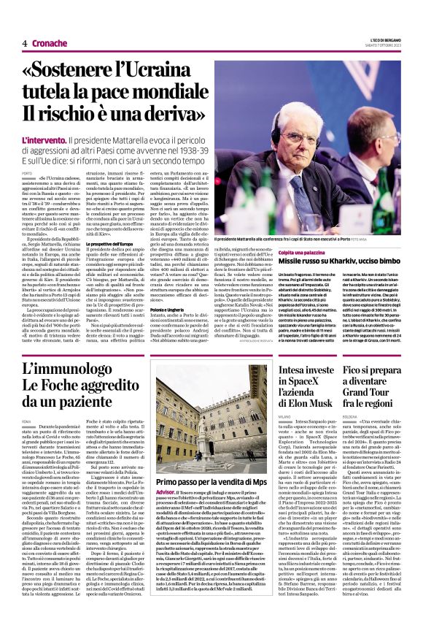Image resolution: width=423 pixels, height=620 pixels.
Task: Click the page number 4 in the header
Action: pos(25,44)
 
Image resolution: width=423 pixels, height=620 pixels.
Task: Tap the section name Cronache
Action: pos(48,44)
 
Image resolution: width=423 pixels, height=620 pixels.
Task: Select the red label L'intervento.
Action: pos(44,139)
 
